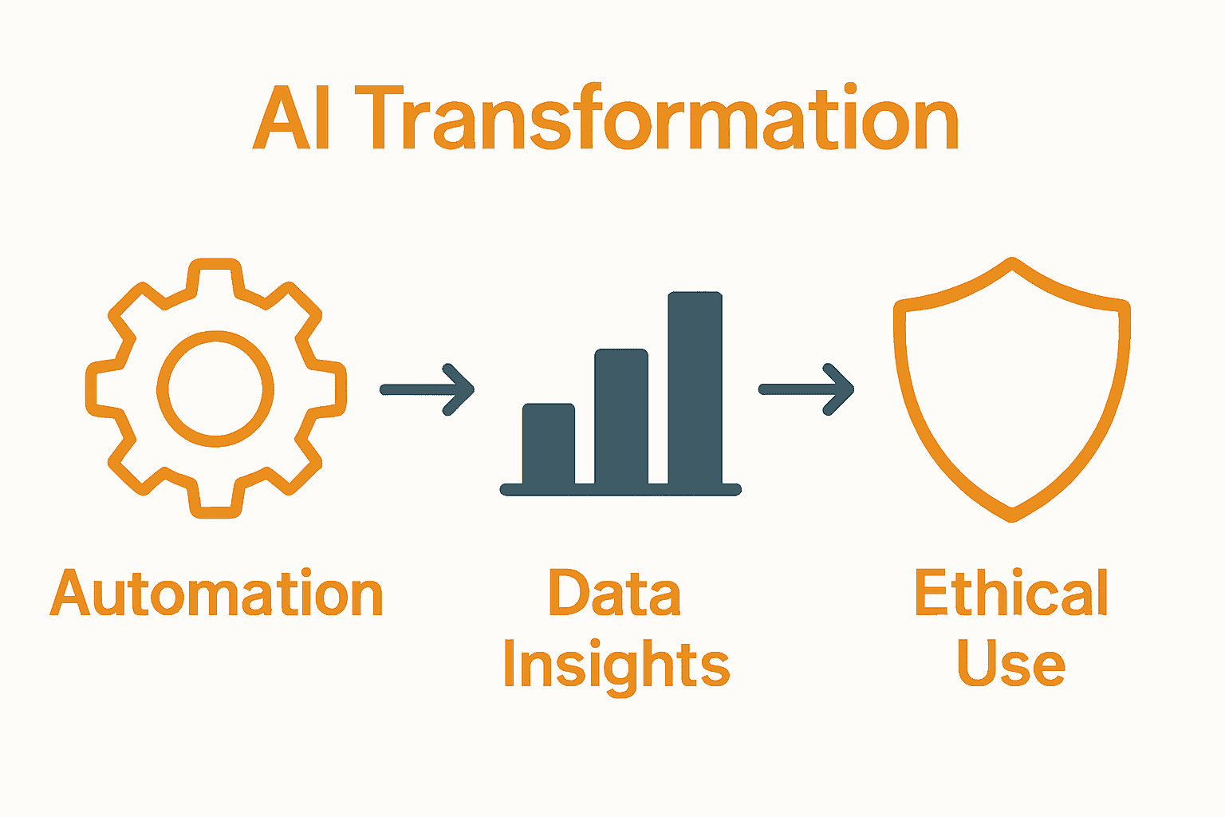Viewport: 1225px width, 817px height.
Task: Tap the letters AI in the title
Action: pos(292,120)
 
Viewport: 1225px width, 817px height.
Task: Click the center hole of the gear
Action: pos(215,389)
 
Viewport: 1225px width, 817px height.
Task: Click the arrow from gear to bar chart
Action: pos(427,389)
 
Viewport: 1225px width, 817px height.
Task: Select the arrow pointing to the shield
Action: pos(806,389)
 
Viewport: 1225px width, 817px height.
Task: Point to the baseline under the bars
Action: pos(620,490)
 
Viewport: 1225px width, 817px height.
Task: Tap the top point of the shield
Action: pos(1012,263)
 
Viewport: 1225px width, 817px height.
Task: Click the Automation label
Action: pos(217,594)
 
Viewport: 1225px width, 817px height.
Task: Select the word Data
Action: pos(614,594)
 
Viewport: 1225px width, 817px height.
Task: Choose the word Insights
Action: pos(616,665)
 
